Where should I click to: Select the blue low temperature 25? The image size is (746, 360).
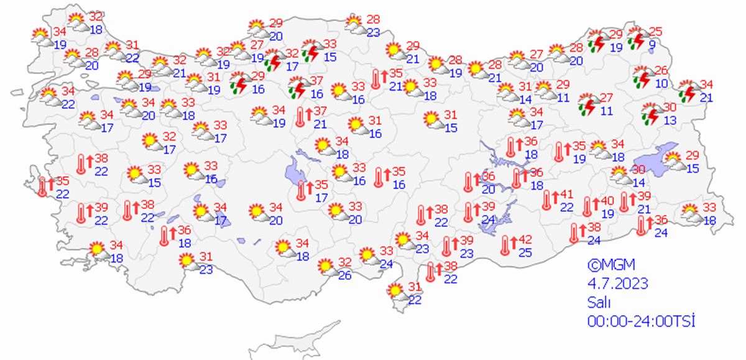[x=526, y=252]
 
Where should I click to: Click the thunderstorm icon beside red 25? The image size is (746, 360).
[x=637, y=38]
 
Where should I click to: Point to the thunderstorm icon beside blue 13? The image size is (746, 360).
[x=650, y=113]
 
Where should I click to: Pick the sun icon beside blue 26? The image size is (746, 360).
[x=325, y=267]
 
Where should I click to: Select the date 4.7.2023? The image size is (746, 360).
[x=617, y=284]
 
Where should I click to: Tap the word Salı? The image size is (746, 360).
[x=599, y=303]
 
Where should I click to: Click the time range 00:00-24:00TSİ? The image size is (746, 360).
[x=640, y=321]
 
